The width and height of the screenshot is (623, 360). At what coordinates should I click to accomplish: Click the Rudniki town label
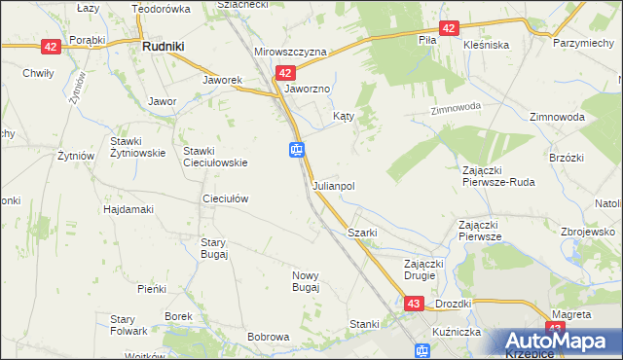coord(164,45)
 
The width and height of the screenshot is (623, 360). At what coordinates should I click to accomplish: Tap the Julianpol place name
coord(333,185)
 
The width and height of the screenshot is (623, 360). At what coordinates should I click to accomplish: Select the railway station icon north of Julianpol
coord(297,150)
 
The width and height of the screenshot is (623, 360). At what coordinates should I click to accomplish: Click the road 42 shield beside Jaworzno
coord(284,73)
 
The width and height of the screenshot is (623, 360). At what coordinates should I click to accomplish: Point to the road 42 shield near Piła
coord(448,28)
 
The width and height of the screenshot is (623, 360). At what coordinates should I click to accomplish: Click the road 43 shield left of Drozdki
coord(414,305)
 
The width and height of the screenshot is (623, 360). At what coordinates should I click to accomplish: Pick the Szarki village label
coord(362,234)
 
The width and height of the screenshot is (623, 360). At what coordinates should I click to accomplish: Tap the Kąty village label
coord(343,115)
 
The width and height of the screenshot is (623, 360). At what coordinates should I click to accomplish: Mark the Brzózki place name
coord(566,158)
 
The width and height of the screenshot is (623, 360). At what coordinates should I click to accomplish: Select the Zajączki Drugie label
coord(424,270)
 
